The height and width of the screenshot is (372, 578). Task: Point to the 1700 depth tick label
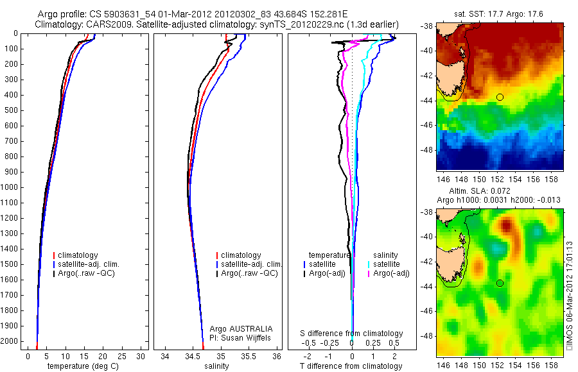click(10, 295)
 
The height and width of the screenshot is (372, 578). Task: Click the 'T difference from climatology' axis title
click(352, 366)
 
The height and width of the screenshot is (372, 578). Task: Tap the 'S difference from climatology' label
click(352, 334)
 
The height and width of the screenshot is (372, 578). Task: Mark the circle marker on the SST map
click(500, 97)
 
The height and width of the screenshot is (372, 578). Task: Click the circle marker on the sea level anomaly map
click(500, 283)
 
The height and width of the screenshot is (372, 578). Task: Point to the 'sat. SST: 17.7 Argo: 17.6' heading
click(499, 13)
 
